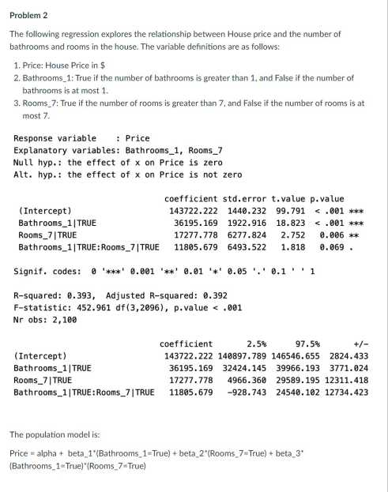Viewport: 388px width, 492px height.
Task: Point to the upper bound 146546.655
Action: point(297,356)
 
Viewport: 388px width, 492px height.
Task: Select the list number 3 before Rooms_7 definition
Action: point(17,103)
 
